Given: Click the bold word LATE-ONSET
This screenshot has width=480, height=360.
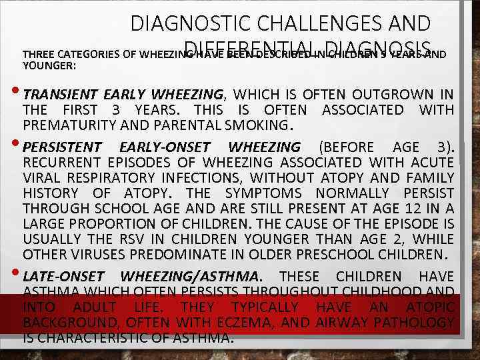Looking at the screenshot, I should point(63,277).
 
